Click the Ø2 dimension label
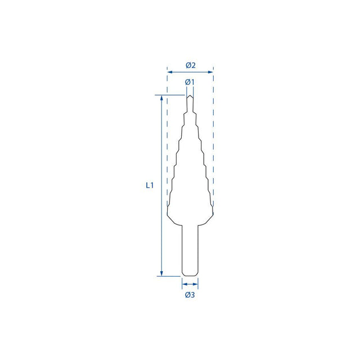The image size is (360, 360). [191, 65]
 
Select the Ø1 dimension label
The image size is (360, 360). [190, 82]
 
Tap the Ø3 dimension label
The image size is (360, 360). [190, 295]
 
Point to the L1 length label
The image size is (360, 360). [150, 185]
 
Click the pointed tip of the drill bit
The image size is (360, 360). [190, 96]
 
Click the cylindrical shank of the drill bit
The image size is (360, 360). [190, 250]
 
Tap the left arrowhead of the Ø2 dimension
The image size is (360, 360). [170, 72]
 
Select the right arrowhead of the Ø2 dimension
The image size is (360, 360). [210, 72]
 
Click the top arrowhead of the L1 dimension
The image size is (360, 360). [161, 98]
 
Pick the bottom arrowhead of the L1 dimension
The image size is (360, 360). [161, 273]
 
